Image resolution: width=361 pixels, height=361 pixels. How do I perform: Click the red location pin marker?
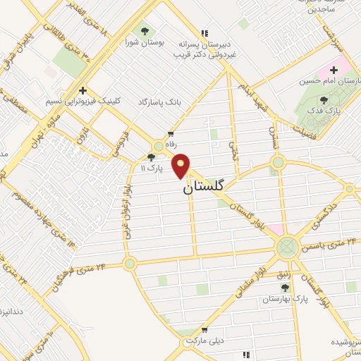182,166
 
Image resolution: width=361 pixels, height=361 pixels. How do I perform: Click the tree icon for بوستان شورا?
145,31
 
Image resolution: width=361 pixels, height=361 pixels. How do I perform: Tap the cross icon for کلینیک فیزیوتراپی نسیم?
83,90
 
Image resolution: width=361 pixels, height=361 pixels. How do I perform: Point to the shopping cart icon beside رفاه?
171,133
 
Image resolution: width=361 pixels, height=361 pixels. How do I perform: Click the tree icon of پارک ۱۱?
151,158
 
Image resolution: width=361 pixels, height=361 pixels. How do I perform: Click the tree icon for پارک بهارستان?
285,288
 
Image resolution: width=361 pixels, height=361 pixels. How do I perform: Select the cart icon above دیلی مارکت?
204,329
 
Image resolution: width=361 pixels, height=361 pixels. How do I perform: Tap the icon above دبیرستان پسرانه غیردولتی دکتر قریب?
204,32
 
